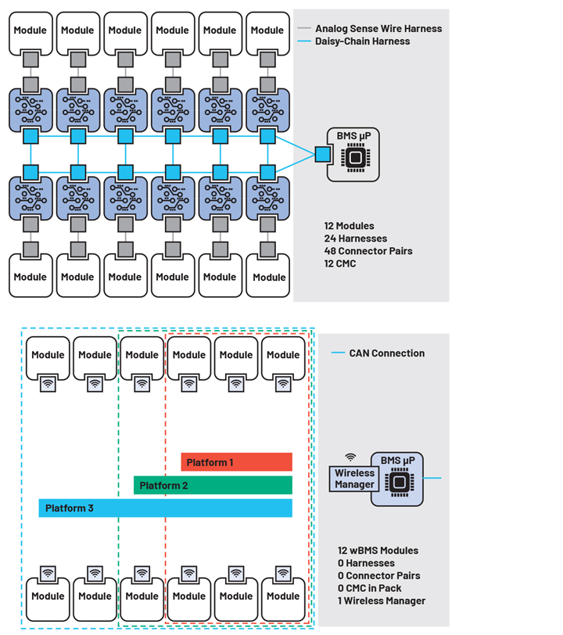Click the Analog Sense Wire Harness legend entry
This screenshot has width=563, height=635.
tap(378, 29)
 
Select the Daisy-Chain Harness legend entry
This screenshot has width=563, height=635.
tap(362, 41)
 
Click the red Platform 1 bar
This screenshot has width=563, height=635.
tap(236, 462)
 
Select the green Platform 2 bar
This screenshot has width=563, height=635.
tap(213, 486)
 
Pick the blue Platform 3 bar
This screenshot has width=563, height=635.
tap(165, 508)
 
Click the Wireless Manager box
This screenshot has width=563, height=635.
tap(354, 479)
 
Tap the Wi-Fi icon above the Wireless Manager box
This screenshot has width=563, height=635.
tap(350, 458)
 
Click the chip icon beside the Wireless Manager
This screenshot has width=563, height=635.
tap(398, 483)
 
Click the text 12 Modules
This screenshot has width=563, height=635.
tap(349, 226)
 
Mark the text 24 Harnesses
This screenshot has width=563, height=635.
tap(355, 239)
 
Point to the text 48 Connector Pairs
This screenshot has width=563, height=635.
tap(368, 251)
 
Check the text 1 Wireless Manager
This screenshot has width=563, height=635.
tap(382, 601)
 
